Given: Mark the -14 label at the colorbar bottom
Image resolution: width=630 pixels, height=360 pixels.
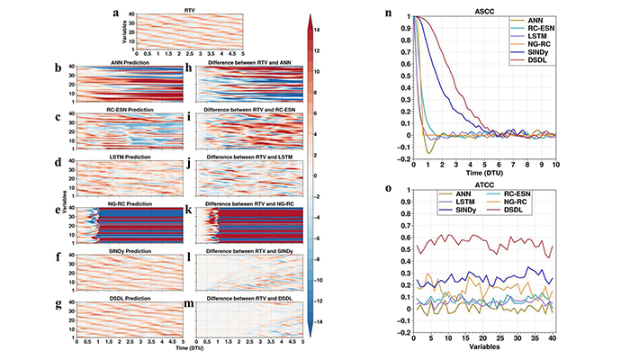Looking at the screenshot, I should pos(319,320).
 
